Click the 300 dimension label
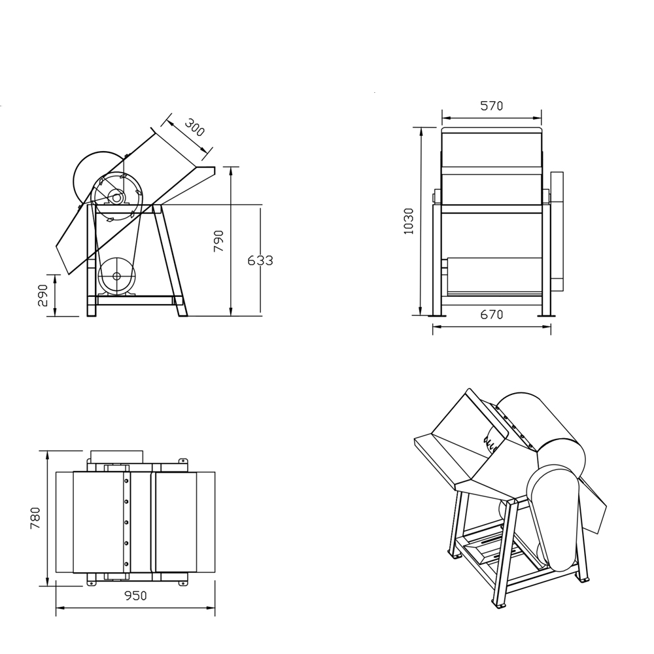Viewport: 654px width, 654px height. (194, 127)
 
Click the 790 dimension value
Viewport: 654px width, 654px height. (219, 241)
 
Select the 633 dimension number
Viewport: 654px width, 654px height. (260, 260)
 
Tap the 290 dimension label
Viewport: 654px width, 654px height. (43, 295)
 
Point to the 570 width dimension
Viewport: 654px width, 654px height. (491, 106)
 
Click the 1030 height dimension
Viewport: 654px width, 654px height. (409, 221)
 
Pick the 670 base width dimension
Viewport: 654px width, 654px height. (491, 315)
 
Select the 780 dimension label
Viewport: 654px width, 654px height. (35, 518)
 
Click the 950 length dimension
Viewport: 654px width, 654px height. (135, 596)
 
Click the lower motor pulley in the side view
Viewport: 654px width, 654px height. (116, 276)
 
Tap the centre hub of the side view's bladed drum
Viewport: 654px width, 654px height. (116, 197)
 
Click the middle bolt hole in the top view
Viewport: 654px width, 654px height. (126, 522)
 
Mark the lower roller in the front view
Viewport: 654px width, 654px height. (495, 275)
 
